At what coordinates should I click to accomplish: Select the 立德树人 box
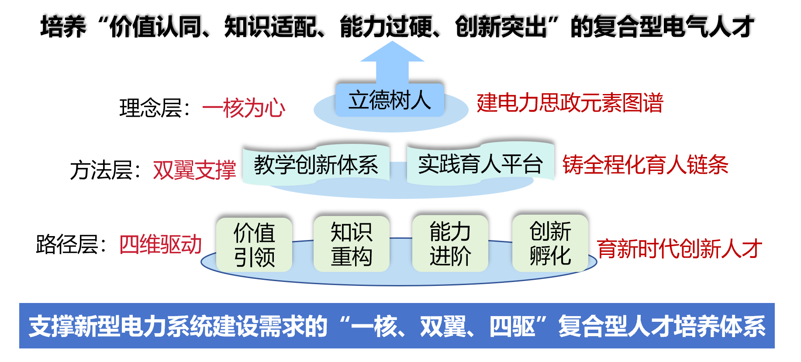point(390,100)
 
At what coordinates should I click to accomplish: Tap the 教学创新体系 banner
point(316,164)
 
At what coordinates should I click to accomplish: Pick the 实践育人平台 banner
point(480,164)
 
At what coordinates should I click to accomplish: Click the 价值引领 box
point(254,244)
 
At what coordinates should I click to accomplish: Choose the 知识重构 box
point(352,244)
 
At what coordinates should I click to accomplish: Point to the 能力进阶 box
point(450,243)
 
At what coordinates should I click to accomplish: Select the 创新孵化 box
point(550,243)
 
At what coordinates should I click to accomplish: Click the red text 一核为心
point(244,108)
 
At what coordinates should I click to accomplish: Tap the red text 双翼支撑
point(194,170)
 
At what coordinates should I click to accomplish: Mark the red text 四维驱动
point(161,244)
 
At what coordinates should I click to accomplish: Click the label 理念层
point(150,108)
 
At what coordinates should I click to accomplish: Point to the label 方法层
point(101,170)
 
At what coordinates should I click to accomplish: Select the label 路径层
point(67,244)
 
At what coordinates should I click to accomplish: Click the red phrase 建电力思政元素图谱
point(570,103)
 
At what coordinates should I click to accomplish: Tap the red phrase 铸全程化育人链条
point(646,165)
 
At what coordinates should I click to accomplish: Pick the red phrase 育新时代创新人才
point(680,249)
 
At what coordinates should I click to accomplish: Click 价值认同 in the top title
point(155,27)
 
